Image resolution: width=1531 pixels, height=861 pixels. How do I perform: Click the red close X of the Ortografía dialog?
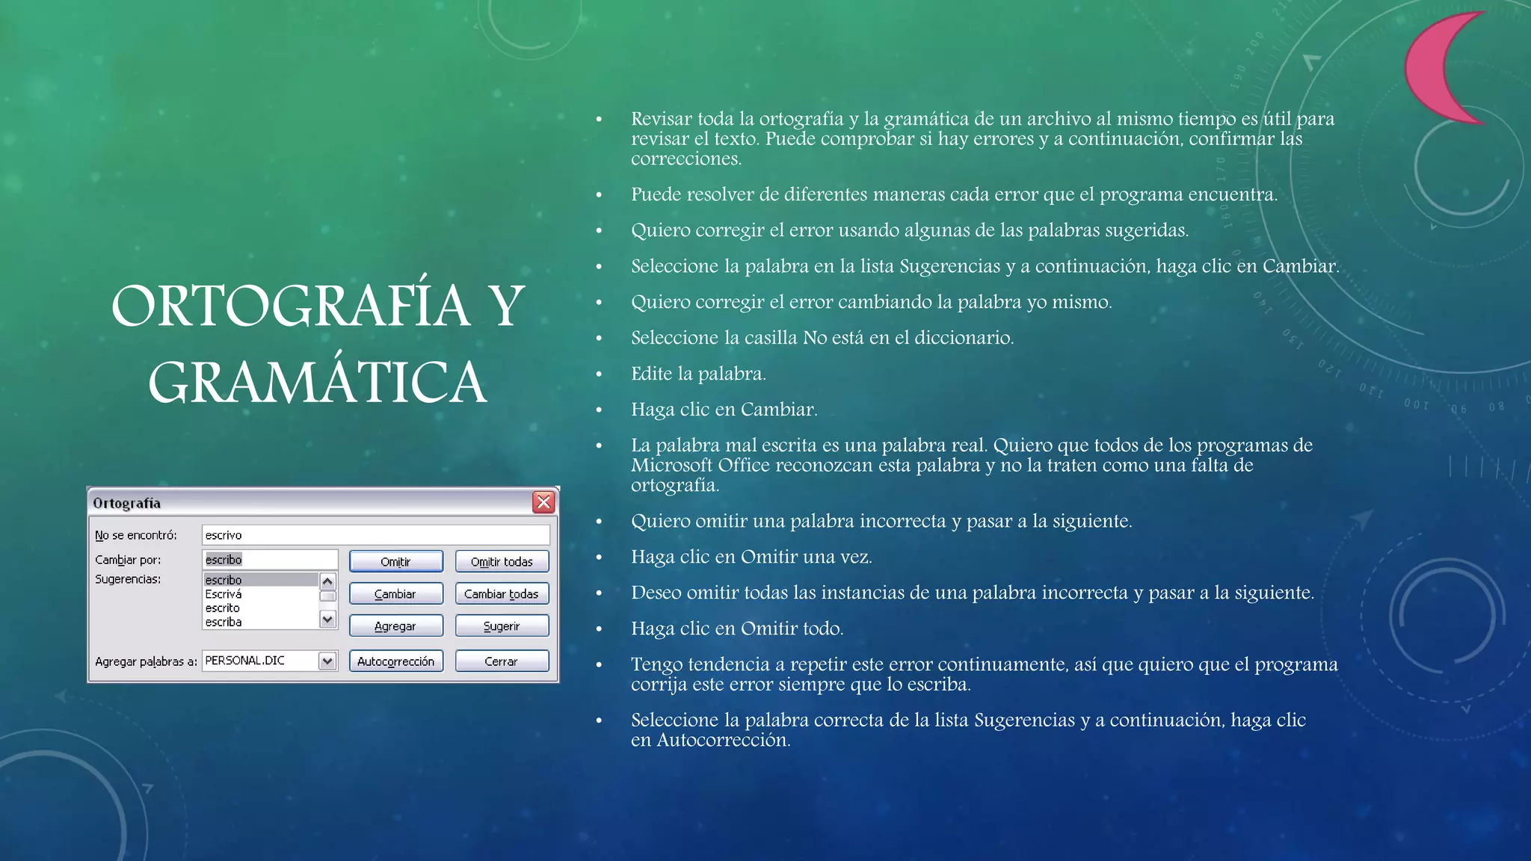click(x=543, y=502)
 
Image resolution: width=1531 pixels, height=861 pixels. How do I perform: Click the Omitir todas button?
click(x=502, y=561)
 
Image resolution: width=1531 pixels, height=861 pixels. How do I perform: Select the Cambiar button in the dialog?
click(x=395, y=593)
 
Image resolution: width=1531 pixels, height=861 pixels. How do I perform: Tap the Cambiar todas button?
click(x=502, y=593)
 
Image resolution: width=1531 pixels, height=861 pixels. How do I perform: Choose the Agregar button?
click(x=395, y=626)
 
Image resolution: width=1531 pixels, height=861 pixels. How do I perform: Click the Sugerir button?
click(x=502, y=626)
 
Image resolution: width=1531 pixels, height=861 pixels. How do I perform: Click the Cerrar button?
click(x=502, y=661)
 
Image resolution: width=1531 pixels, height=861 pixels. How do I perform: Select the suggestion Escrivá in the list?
click(x=224, y=594)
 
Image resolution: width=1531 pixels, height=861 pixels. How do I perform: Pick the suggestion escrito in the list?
click(x=223, y=608)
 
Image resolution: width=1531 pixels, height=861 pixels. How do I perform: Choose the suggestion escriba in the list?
click(x=224, y=622)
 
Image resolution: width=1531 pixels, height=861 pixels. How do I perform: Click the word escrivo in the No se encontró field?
click(x=224, y=535)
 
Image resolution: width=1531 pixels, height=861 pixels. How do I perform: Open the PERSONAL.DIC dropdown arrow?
click(x=327, y=661)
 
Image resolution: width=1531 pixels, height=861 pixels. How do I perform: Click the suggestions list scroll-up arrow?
click(x=327, y=581)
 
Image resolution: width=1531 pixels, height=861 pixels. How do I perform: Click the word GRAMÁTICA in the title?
click(x=318, y=383)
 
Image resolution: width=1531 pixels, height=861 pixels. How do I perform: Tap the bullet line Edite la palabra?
click(x=698, y=374)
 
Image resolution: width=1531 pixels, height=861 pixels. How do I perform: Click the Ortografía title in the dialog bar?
click(x=127, y=503)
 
